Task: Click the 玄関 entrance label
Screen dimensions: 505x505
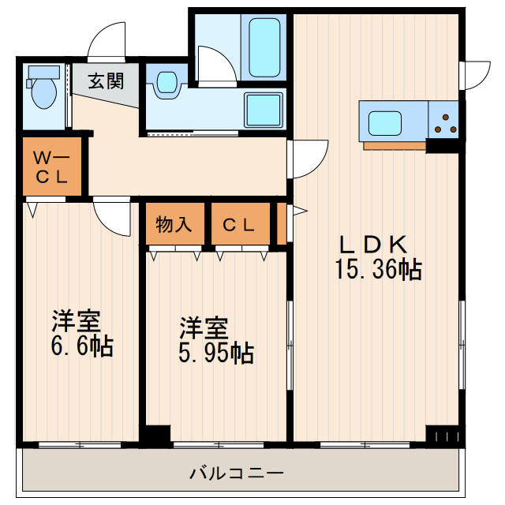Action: click(105, 81)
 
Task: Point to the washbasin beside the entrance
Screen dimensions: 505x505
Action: click(166, 83)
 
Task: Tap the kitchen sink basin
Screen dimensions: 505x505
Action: click(386, 123)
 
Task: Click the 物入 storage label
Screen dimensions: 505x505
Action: click(174, 224)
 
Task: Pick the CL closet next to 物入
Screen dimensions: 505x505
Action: click(239, 224)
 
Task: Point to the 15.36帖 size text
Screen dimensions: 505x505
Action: click(377, 271)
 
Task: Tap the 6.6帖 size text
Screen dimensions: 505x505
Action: click(81, 345)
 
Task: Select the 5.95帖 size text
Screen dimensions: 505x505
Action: click(215, 352)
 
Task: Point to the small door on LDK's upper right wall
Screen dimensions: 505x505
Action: click(474, 75)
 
